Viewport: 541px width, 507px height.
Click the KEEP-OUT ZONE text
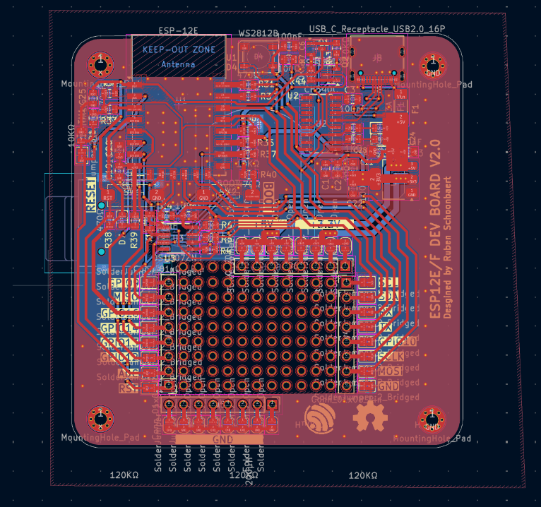(x=179, y=50)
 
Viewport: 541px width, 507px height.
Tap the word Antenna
(x=179, y=64)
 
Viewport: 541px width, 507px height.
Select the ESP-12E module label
(x=178, y=31)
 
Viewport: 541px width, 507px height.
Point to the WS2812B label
(x=258, y=33)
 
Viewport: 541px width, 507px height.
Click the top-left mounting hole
(x=101, y=66)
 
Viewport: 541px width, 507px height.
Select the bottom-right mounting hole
(x=432, y=421)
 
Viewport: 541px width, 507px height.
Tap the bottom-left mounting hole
(x=101, y=420)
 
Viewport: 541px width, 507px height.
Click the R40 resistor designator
(x=268, y=174)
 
